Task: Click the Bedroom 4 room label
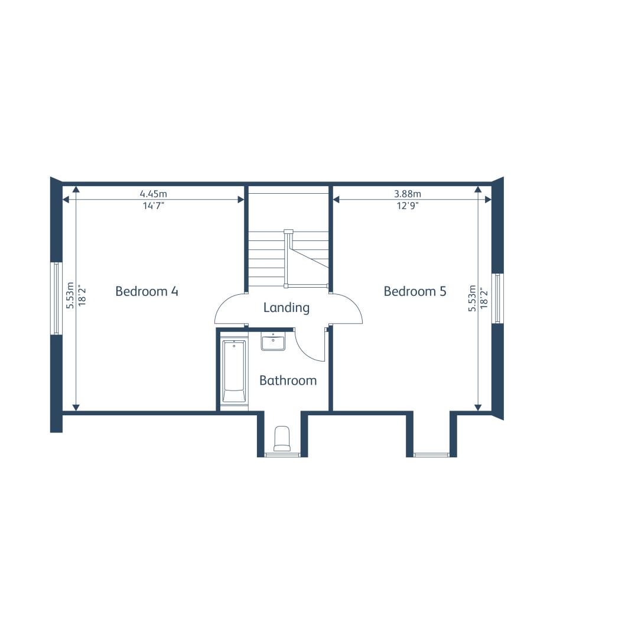[x=147, y=291]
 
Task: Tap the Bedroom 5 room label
[x=415, y=291]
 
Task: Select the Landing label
[x=287, y=308]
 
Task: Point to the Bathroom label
[x=288, y=380]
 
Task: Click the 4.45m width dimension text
[x=154, y=194]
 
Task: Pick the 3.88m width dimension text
[x=408, y=194]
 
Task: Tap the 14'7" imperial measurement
[x=154, y=206]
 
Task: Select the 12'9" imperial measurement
[x=408, y=206]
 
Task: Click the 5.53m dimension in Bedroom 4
[x=70, y=295]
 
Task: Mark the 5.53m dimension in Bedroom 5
[x=472, y=298]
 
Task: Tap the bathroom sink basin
[x=273, y=342]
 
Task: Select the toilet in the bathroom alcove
[x=282, y=438]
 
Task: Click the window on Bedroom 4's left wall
[x=56, y=298]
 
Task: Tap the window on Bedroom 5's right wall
[x=497, y=298]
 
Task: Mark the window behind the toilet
[x=282, y=454]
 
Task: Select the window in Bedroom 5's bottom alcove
[x=431, y=454]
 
